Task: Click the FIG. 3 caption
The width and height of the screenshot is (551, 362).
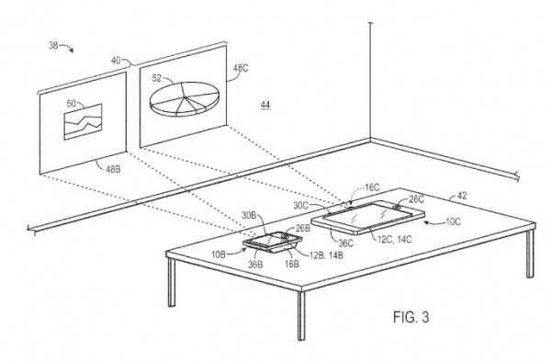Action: click(x=410, y=317)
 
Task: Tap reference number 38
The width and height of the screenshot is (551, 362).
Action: click(x=53, y=45)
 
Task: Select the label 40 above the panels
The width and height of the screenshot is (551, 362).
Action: click(x=116, y=61)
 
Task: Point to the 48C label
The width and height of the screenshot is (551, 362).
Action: click(x=241, y=68)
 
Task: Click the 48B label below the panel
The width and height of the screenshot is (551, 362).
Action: click(x=113, y=169)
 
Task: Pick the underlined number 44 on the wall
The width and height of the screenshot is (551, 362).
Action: click(x=265, y=105)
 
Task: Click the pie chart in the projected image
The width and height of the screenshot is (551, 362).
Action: click(x=185, y=99)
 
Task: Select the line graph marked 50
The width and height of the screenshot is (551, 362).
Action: click(x=83, y=121)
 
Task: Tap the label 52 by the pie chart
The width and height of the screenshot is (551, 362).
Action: click(x=157, y=78)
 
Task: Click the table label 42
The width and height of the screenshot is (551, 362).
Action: click(x=462, y=196)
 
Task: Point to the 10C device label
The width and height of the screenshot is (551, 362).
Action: click(x=453, y=221)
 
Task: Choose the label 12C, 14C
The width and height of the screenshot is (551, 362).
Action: click(x=395, y=239)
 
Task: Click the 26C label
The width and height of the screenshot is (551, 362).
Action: click(x=416, y=199)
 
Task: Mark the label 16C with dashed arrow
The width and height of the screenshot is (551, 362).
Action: click(x=372, y=187)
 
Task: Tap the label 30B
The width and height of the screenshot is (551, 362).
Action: click(x=249, y=215)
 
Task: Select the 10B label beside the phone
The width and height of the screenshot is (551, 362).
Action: click(x=219, y=255)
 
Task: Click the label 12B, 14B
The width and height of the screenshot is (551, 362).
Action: click(x=326, y=255)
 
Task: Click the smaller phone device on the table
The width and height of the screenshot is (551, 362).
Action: click(x=273, y=242)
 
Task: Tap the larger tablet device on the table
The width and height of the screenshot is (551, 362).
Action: click(x=368, y=217)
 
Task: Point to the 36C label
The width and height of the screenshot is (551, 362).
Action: click(x=346, y=243)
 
